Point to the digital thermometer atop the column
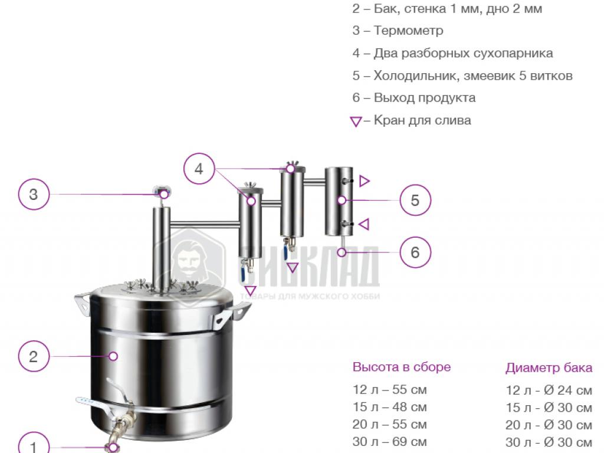[162, 191]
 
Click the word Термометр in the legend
[408, 31]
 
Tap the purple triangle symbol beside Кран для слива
[356, 122]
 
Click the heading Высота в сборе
[401, 367]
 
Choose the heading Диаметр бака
[549, 368]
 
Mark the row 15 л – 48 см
[389, 407]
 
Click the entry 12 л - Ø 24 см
[549, 390]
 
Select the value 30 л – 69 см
[389, 441]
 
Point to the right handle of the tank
[231, 313]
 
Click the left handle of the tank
[83, 304]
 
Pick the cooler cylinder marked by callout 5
[339, 202]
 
